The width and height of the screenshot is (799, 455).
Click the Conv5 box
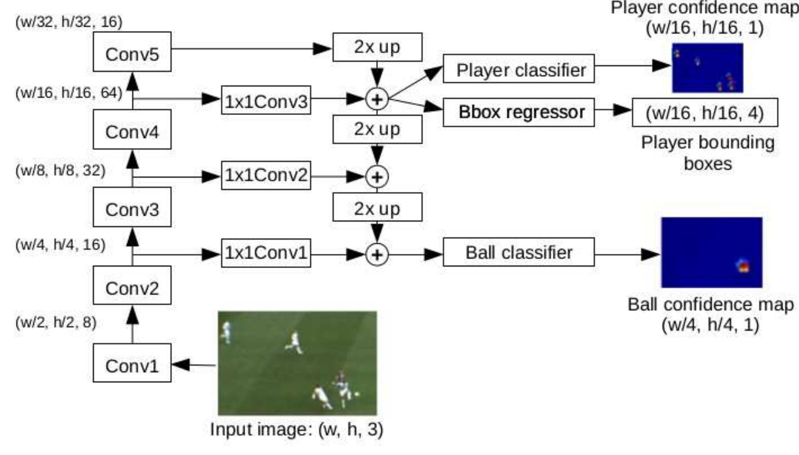[132, 52]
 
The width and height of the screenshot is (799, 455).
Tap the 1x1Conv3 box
[266, 99]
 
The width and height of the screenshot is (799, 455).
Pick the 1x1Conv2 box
[266, 175]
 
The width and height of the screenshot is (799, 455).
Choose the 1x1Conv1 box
[266, 252]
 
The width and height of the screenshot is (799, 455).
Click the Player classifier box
[518, 69]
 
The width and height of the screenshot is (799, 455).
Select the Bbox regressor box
[518, 112]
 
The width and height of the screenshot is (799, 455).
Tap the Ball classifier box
[518, 252]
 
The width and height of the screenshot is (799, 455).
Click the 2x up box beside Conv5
[377, 47]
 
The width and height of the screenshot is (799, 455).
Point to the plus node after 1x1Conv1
[377, 254]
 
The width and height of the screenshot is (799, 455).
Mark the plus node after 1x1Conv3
[377, 99]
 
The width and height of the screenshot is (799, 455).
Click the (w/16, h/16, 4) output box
[705, 112]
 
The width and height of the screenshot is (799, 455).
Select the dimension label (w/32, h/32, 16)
[69, 22]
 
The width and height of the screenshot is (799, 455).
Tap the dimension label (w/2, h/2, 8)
[56, 322]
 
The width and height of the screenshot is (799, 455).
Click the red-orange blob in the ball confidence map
[744, 265]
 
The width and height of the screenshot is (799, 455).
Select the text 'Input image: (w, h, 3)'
[296, 429]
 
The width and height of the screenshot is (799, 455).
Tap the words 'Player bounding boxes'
[707, 153]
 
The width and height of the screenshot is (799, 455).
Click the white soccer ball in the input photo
[357, 393]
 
